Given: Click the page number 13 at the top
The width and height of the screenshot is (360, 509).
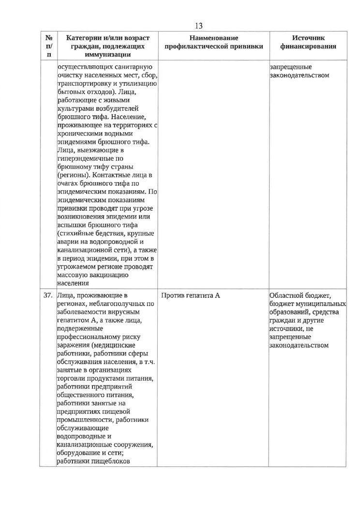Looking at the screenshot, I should point(198,26).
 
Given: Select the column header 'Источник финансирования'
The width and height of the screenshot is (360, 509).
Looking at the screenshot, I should point(308,42).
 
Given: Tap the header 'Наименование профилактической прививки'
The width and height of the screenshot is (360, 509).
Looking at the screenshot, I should point(214,42).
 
